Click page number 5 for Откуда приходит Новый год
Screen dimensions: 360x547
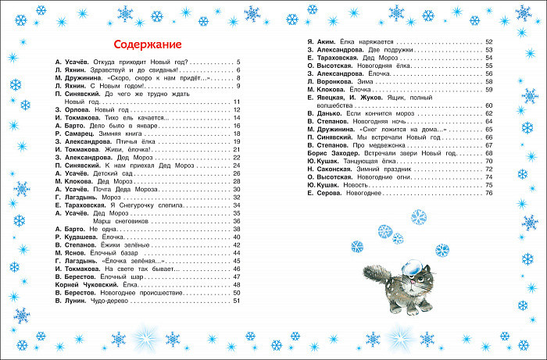click(x=238, y=61)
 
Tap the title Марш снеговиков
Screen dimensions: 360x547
click(x=109, y=220)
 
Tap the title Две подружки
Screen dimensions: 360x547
click(x=381, y=48)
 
